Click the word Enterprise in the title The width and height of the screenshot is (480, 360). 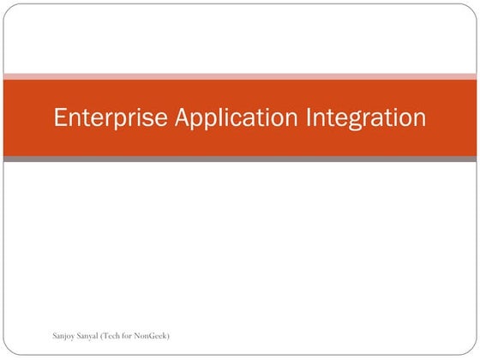111,117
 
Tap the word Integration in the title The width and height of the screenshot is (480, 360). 366,117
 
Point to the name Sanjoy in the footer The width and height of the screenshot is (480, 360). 65,334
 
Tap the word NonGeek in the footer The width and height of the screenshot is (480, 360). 153,334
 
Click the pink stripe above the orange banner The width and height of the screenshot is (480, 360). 240,76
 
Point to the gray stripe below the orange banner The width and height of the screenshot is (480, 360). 240,159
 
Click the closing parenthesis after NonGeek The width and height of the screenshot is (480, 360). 169,334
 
